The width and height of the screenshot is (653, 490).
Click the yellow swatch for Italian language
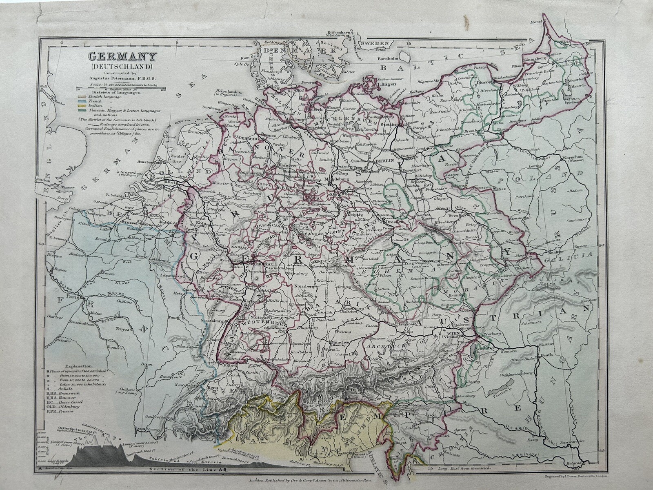[82, 106]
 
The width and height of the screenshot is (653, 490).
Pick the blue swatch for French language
[82, 101]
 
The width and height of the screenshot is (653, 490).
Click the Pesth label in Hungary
[547, 354]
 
